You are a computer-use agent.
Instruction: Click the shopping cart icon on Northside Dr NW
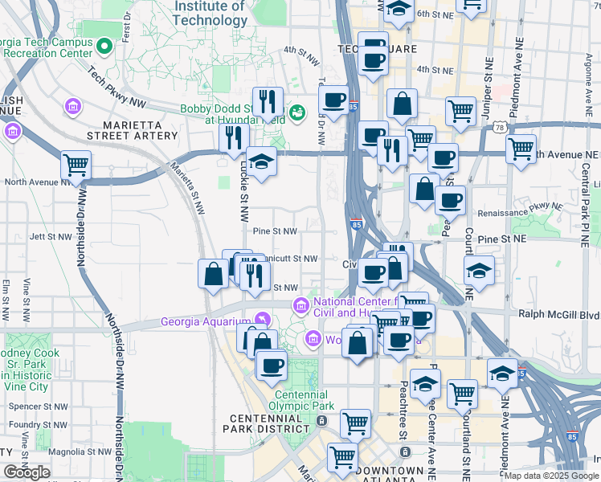(x=76, y=165)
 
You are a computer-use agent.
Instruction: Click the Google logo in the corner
(x=27, y=472)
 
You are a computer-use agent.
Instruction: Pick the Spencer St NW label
(x=35, y=407)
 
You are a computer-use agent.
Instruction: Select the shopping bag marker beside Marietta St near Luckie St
(x=213, y=274)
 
